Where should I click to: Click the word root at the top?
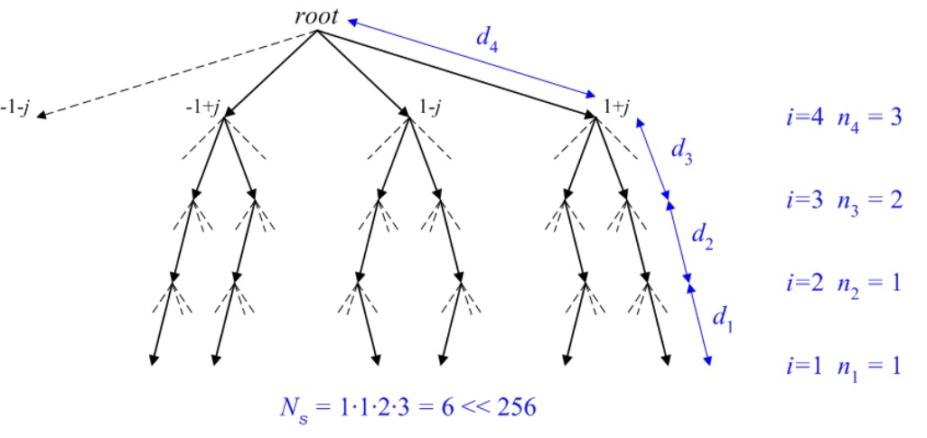point(316,16)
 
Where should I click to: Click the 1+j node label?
point(616,107)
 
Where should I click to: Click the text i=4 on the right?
point(803,118)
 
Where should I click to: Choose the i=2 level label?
point(803,281)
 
